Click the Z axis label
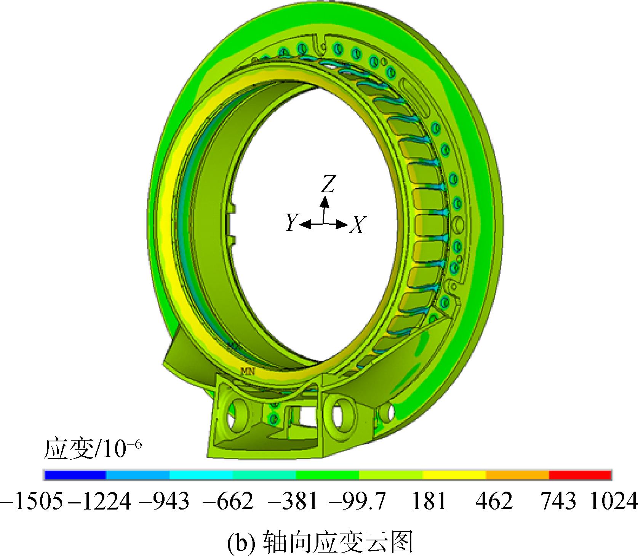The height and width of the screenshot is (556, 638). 327,185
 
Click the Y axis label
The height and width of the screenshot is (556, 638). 292,222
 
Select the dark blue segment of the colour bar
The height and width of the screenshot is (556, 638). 75,475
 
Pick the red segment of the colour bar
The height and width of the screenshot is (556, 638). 580,475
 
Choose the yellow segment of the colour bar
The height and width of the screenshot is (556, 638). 454,475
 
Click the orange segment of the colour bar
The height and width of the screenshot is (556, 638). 518,475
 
